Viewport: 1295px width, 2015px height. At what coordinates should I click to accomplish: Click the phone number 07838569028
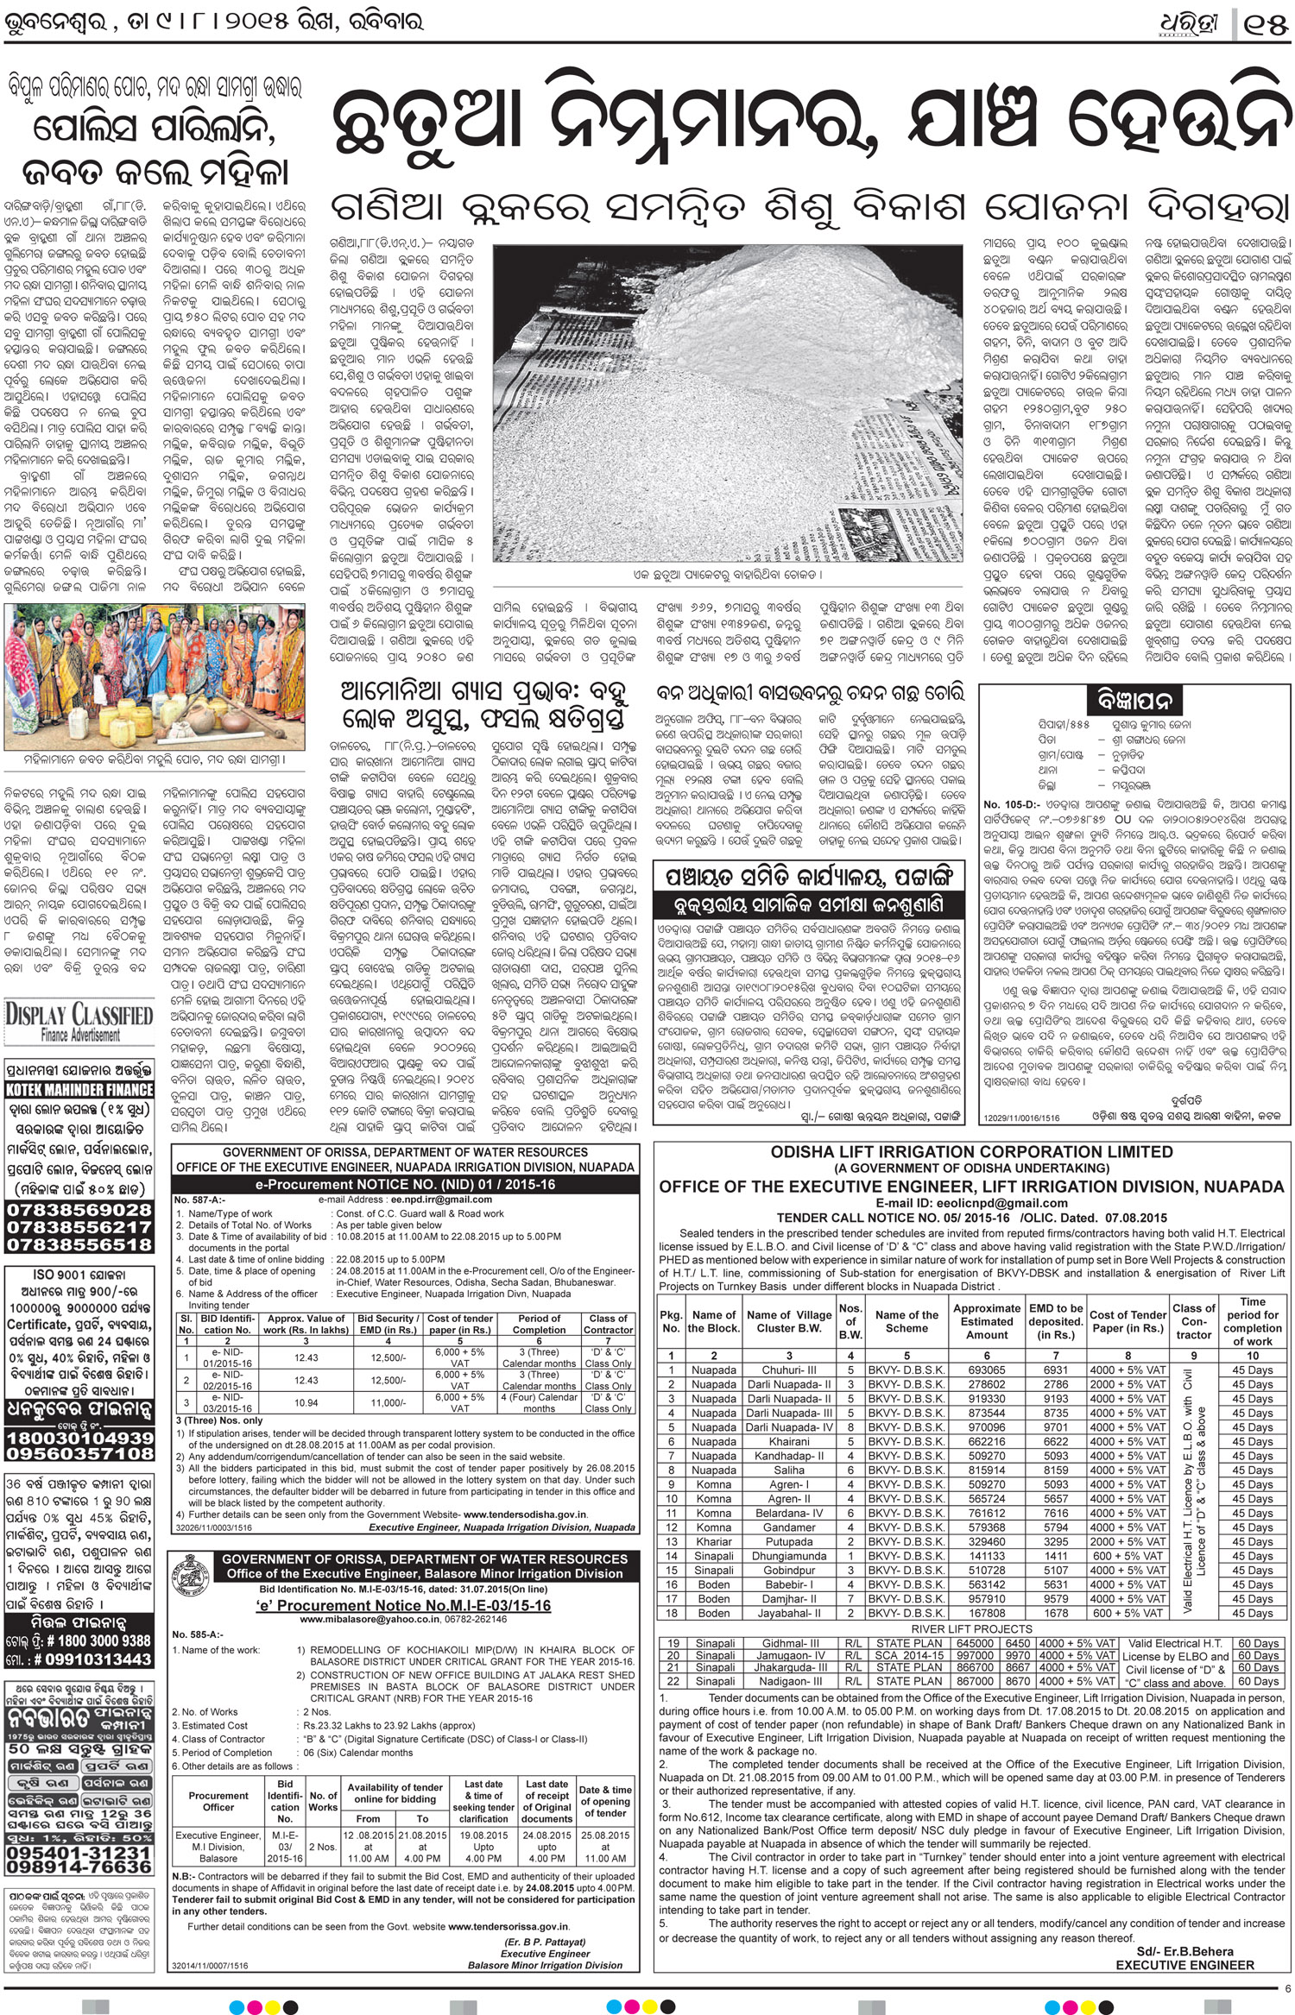click(79, 1210)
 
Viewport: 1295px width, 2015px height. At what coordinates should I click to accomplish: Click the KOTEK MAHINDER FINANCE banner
click(79, 1089)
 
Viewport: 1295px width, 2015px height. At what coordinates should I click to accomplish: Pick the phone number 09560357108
click(79, 1454)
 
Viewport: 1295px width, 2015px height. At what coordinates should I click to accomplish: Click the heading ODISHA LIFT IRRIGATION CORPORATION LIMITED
click(971, 1152)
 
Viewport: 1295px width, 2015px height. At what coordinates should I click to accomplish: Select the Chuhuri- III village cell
click(788, 1370)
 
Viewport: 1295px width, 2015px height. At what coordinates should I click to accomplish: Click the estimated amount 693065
click(986, 1370)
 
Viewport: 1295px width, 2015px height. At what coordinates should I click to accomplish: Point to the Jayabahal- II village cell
click(788, 1613)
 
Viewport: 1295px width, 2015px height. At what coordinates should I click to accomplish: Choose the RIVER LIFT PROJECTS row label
click(971, 1628)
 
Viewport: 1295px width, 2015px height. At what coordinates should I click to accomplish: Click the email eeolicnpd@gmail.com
click(971, 1203)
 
